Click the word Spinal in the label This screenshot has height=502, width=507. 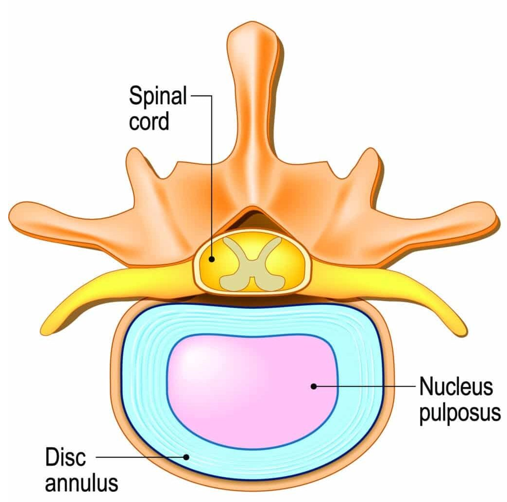click(x=158, y=96)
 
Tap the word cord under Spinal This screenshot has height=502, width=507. click(x=149, y=121)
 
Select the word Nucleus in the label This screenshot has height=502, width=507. click(x=456, y=386)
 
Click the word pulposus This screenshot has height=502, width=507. click(x=460, y=413)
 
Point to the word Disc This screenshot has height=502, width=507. click(x=66, y=457)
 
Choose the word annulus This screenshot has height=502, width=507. click(x=82, y=483)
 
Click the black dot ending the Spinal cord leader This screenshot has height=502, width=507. click(x=212, y=259)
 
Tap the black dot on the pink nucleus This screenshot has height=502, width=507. click(x=313, y=386)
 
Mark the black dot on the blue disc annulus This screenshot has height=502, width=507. click(x=186, y=457)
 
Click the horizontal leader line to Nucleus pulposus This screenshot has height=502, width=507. click(x=364, y=386)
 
